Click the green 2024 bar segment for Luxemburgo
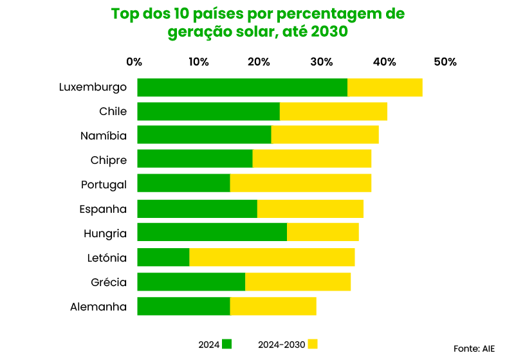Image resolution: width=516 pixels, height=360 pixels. point(242,87)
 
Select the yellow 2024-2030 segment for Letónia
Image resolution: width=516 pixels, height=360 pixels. point(272,257)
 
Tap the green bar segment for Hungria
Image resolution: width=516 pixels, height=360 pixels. point(212,233)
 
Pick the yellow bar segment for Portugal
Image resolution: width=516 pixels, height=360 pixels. point(300,184)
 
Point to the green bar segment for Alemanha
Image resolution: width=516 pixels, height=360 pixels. point(183,307)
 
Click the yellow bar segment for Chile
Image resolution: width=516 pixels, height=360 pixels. point(333,111)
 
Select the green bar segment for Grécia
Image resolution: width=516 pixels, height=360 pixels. point(191,282)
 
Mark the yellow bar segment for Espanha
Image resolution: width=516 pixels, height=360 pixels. point(310,209)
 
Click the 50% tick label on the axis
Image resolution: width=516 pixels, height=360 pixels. point(445,62)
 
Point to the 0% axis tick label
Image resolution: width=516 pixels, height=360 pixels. point(134,62)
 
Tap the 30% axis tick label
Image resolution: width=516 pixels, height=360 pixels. point(322,62)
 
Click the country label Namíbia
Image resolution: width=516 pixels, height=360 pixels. point(104,136)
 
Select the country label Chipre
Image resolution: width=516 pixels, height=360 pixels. point(109,160)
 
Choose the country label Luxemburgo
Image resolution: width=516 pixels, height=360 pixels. point(93,87)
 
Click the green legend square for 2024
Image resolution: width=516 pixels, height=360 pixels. point(226,344)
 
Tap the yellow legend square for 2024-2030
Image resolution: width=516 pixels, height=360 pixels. point(313,344)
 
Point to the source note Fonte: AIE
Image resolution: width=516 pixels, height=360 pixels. point(474,348)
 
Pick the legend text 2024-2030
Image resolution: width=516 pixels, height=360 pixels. point(281,345)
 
